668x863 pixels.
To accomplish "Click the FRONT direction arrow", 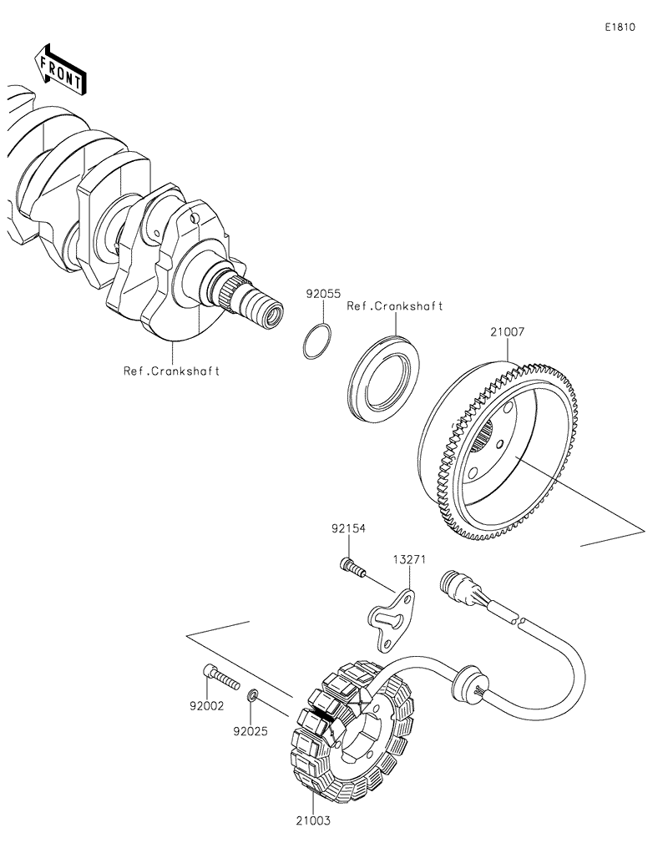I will pos(59,71).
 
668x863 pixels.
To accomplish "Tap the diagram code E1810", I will pos(620,27).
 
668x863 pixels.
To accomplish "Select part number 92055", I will pos(322,294).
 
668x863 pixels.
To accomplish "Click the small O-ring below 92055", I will pos(317,343).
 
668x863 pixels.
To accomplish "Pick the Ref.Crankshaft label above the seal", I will pos(395,306).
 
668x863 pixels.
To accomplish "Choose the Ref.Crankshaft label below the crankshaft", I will pos(171,371).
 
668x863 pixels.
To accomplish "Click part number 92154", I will pos(348,528).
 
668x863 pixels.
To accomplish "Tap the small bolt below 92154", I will pos(352,568).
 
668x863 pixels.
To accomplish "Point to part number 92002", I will pos(206,705).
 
